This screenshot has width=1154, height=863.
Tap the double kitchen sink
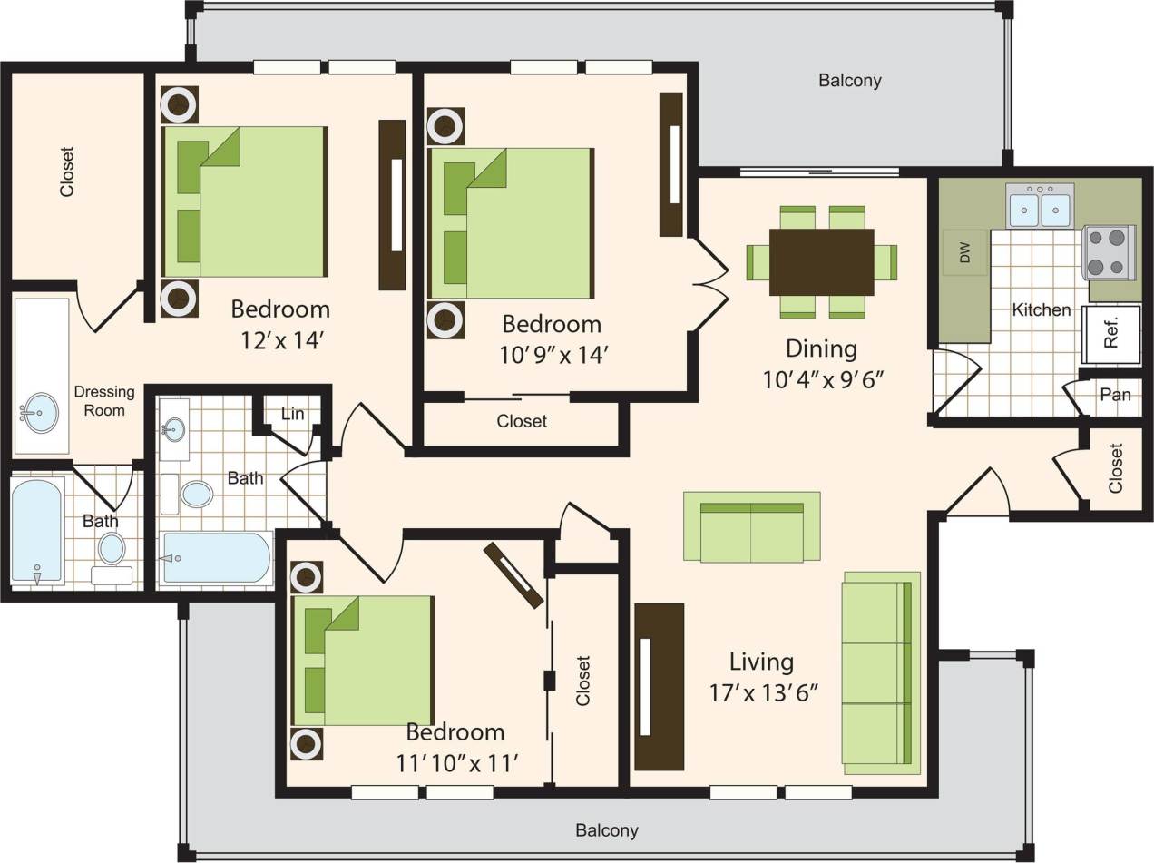click(x=1040, y=208)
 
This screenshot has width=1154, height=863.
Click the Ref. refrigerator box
click(x=1111, y=334)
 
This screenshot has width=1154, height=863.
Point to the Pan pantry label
click(x=1115, y=395)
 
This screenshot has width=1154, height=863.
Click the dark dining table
click(x=821, y=261)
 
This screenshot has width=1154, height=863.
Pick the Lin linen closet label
click(x=292, y=414)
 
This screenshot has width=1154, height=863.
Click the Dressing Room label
click(x=104, y=401)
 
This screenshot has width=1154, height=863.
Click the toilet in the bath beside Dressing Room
click(x=112, y=550)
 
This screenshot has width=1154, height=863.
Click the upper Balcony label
click(x=849, y=81)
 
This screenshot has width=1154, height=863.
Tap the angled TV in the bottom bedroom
click(x=513, y=574)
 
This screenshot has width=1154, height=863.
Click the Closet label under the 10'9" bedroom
click(x=522, y=421)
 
